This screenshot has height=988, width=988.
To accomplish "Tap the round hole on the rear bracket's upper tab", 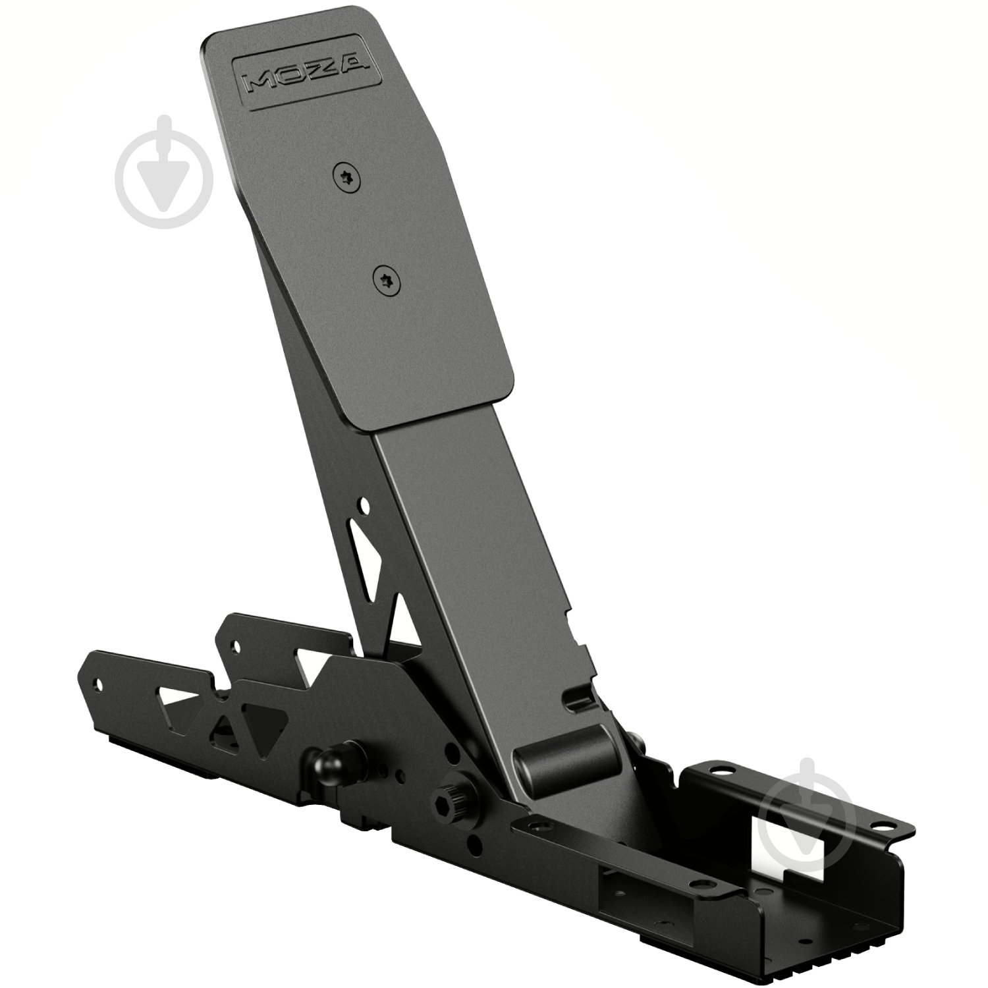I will point(231,648).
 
